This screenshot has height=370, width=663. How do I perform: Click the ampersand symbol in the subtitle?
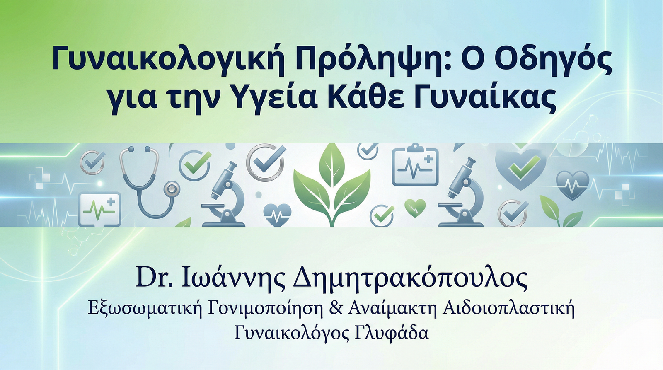coord(336,308)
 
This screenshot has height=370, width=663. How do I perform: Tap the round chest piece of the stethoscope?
coord(171,189)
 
